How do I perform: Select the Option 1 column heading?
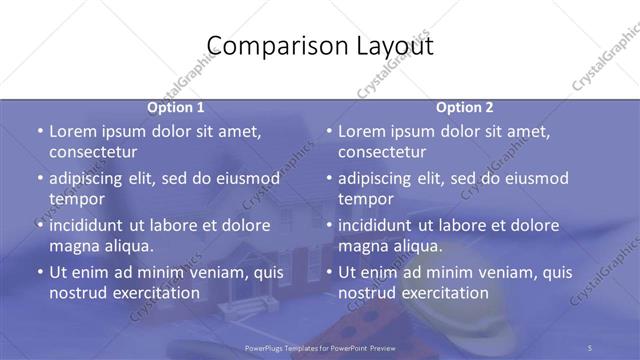tap(175, 107)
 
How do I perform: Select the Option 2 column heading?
tap(464, 107)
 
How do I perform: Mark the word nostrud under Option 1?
tap(77, 292)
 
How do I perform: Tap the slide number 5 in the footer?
tap(590, 348)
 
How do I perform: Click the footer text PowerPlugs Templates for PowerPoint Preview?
tap(319, 348)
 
